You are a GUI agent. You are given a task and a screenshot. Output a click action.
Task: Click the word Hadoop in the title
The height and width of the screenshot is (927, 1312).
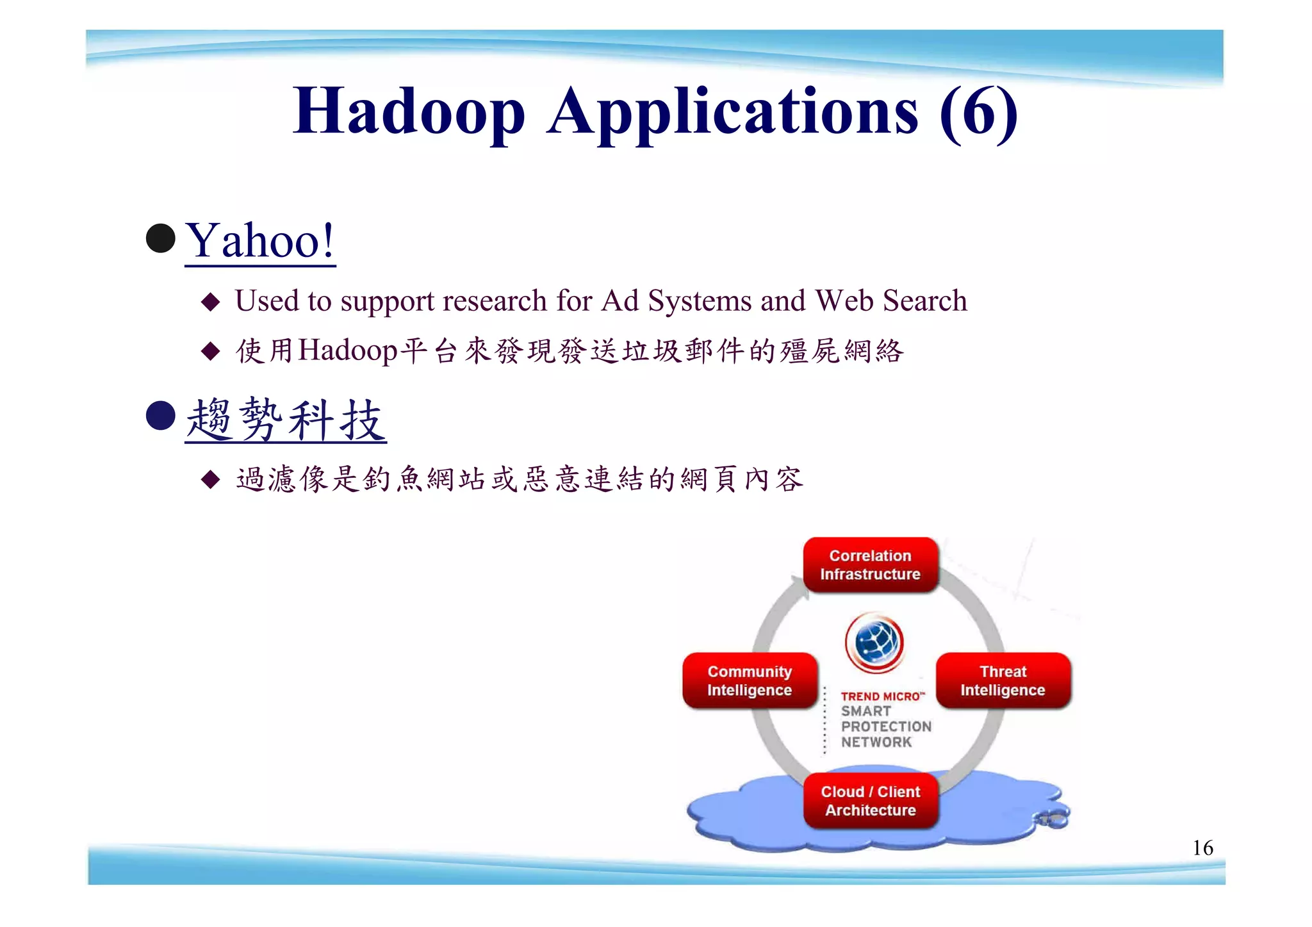click(408, 111)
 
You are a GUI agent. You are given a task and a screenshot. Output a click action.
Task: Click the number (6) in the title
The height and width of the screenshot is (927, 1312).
click(978, 111)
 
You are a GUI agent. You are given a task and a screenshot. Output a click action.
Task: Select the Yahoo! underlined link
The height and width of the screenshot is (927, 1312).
click(259, 241)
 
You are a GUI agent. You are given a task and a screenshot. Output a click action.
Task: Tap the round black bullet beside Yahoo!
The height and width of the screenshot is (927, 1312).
click(160, 238)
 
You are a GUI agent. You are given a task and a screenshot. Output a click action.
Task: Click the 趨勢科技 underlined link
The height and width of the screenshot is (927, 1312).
click(285, 420)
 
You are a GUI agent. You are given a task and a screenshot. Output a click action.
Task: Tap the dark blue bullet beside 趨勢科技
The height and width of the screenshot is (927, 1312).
click(160, 416)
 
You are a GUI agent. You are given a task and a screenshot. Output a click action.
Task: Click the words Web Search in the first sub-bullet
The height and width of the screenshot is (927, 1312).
click(890, 300)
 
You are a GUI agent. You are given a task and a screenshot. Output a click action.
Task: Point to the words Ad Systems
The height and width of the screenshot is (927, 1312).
click(676, 300)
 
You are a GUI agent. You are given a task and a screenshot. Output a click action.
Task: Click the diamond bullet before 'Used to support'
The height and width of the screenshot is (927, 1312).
click(210, 302)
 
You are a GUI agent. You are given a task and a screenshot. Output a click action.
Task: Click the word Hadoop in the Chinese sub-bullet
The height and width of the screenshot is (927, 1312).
click(348, 350)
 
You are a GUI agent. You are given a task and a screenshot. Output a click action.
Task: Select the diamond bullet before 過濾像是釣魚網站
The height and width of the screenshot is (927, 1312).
click(210, 479)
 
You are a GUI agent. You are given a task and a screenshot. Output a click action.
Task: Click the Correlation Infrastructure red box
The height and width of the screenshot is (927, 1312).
click(870, 565)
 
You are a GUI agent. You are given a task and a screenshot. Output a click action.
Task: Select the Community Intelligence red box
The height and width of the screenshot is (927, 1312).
click(750, 681)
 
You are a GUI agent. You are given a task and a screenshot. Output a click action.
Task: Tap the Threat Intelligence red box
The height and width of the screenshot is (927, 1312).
click(1003, 681)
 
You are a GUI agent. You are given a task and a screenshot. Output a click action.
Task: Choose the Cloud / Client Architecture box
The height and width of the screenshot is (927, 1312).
click(870, 801)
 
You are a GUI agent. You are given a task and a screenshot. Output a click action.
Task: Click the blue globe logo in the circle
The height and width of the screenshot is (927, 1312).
click(874, 642)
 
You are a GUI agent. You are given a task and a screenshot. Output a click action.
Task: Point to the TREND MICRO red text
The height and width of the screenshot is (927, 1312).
click(882, 696)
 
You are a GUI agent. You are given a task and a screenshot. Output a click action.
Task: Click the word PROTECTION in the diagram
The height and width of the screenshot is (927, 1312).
click(886, 726)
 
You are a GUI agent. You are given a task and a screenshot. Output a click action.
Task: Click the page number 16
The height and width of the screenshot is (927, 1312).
click(1202, 848)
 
